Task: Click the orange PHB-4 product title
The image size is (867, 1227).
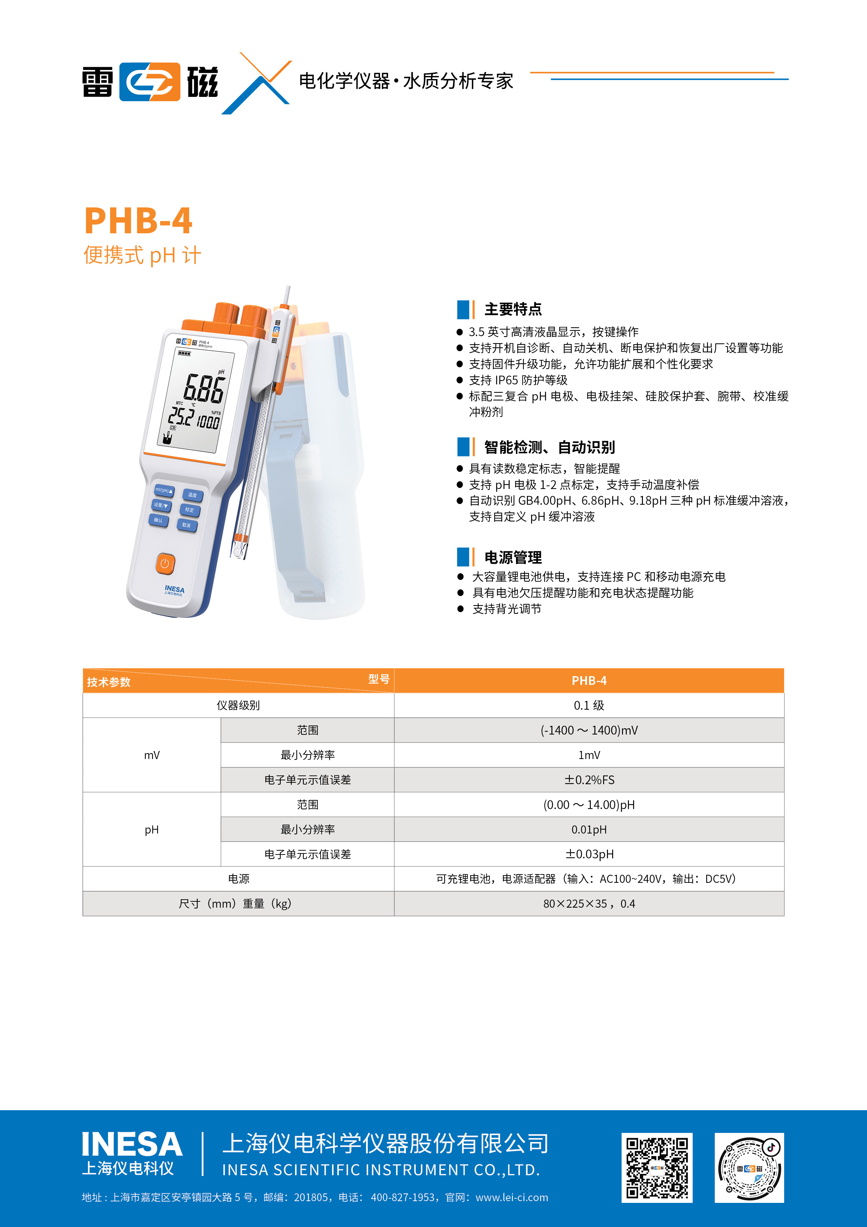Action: (138, 221)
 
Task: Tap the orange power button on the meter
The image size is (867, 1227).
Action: (165, 563)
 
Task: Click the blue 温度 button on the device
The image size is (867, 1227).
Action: (192, 495)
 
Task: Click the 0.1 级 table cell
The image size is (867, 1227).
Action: (589, 705)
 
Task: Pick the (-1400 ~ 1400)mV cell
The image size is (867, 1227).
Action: (589, 730)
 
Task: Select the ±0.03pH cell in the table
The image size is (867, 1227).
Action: (589, 854)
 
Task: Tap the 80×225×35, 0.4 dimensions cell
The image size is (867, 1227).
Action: (589, 904)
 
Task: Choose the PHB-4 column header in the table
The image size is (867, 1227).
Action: (589, 680)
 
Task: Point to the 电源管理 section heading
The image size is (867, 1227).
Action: (513, 558)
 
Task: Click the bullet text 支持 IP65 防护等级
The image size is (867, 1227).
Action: (518, 380)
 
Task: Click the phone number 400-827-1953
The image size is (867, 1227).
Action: (402, 1198)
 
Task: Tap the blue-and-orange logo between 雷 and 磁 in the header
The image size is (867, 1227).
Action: (150, 82)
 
